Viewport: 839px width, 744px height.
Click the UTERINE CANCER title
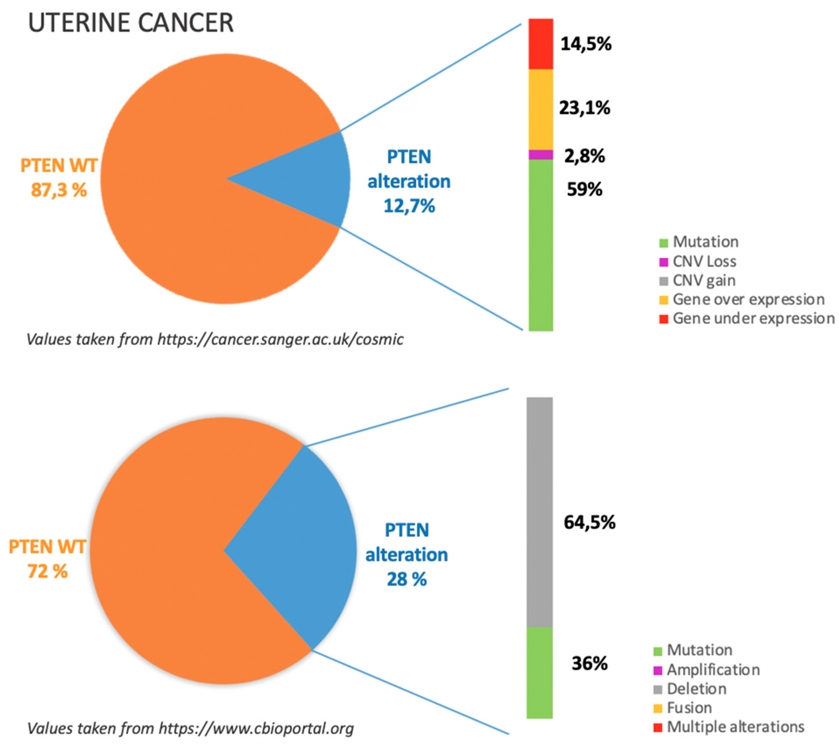pos(131,23)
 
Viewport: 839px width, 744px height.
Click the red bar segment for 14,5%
pos(541,44)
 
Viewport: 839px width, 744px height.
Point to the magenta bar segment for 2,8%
pos(541,155)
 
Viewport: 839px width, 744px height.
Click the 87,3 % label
pos(59,190)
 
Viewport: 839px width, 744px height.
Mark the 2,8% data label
pos(584,156)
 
